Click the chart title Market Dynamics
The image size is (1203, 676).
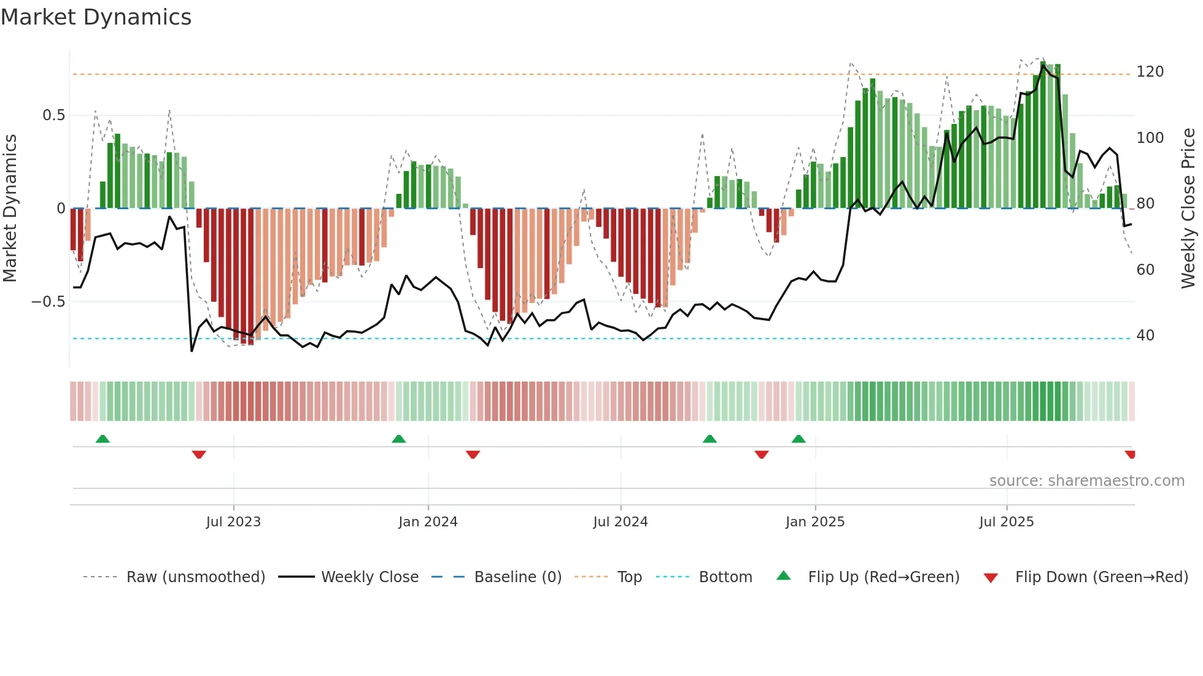pyautogui.click(x=96, y=17)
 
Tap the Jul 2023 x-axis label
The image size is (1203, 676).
pyautogui.click(x=233, y=522)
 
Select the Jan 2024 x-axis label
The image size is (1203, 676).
pyautogui.click(x=428, y=522)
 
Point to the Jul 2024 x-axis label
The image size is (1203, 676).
pyautogui.click(x=621, y=522)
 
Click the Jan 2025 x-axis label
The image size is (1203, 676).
pyautogui.click(x=815, y=522)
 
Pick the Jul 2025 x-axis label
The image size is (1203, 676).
pyautogui.click(x=1007, y=522)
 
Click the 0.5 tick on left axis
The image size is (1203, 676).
pyautogui.click(x=53, y=115)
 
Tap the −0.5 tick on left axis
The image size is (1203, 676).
pyautogui.click(x=48, y=302)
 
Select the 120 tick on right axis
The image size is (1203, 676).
pyautogui.click(x=1150, y=72)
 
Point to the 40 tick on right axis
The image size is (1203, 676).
pyautogui.click(x=1145, y=336)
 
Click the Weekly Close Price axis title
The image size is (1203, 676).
pyautogui.click(x=1188, y=209)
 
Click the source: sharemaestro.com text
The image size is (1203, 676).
pyautogui.click(x=1086, y=481)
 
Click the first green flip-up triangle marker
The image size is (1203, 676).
pyautogui.click(x=103, y=439)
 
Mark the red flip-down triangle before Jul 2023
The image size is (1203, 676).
pyautogui.click(x=199, y=455)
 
